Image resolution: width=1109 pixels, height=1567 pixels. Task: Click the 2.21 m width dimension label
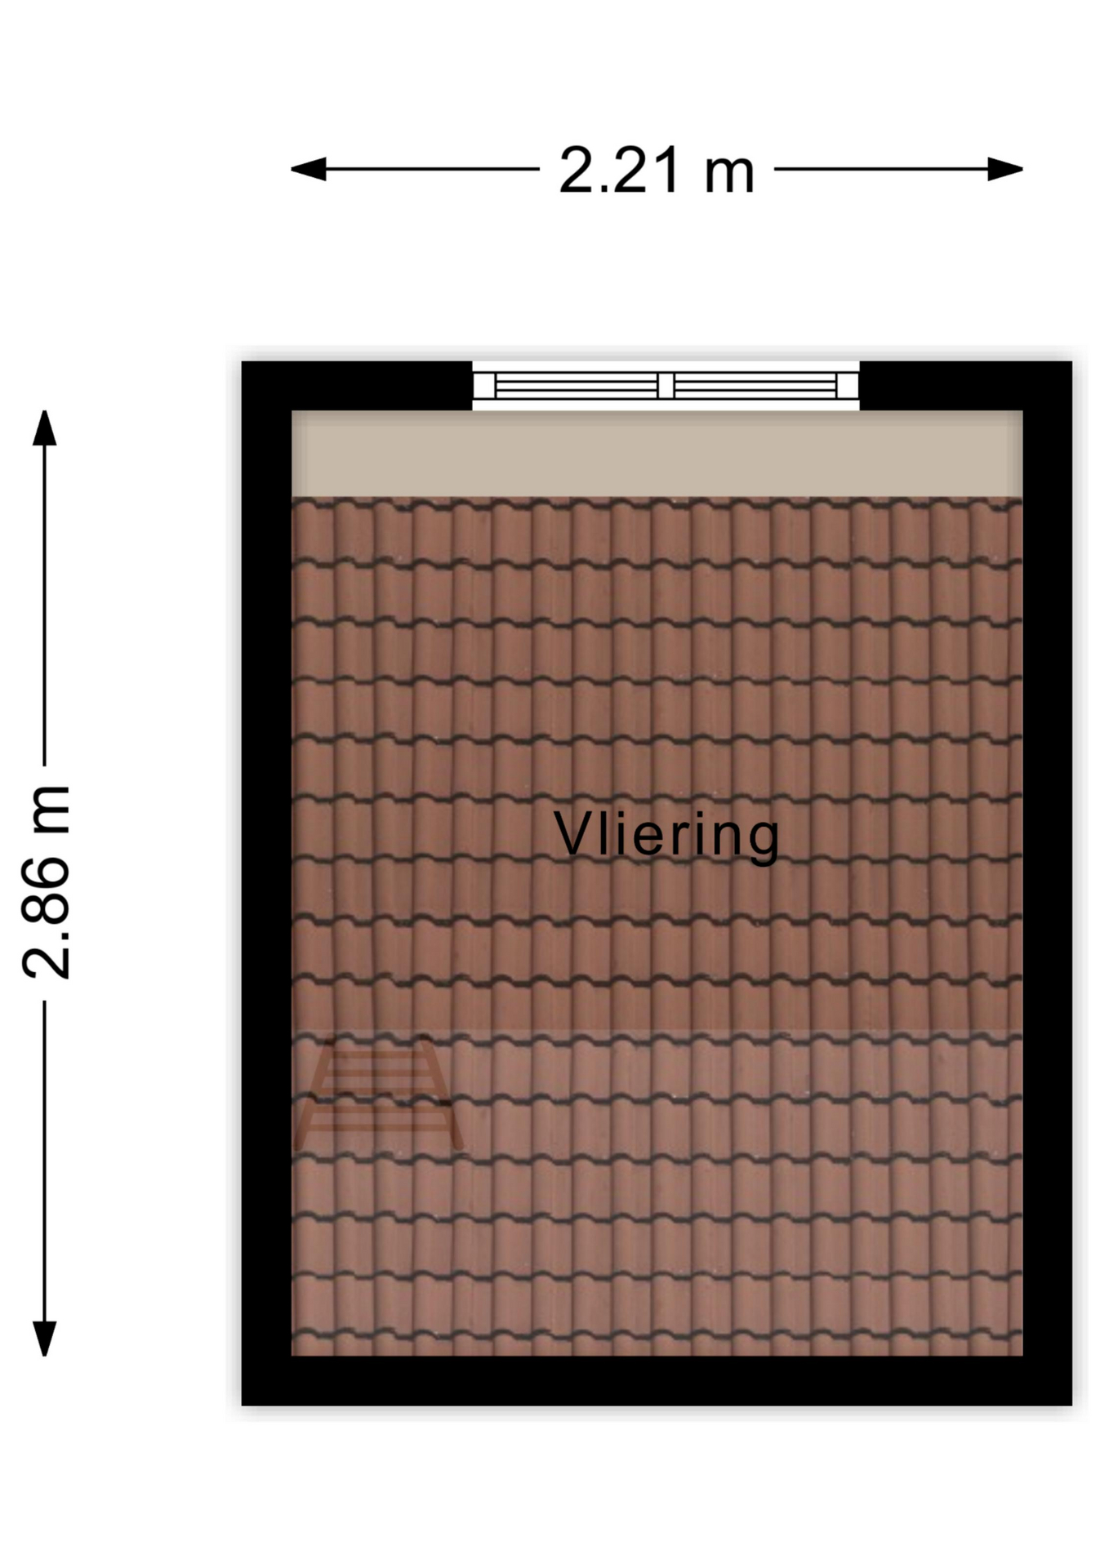pyautogui.click(x=657, y=171)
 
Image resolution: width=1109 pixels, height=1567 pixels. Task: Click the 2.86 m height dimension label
pyautogui.click(x=47, y=882)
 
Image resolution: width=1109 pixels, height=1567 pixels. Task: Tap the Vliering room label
pyautogui.click(x=667, y=835)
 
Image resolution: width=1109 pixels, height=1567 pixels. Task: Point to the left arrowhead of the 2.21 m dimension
pyautogui.click(x=308, y=170)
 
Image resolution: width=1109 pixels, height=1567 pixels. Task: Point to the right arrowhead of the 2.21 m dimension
pyautogui.click(x=1005, y=170)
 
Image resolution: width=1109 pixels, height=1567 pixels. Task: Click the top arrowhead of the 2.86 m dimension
pyautogui.click(x=44, y=428)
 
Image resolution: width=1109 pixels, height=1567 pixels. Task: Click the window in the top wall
pyautogui.click(x=666, y=385)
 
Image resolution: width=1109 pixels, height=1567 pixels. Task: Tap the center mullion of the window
pyautogui.click(x=666, y=385)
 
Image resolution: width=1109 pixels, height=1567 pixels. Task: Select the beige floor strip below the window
pyautogui.click(x=657, y=454)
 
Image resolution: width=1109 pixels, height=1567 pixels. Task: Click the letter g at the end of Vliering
pyautogui.click(x=764, y=841)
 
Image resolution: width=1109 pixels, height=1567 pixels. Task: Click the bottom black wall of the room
pyautogui.click(x=657, y=1381)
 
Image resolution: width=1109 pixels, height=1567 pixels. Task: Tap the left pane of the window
pyautogui.click(x=576, y=385)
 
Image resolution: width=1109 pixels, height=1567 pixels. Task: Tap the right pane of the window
pyautogui.click(x=755, y=385)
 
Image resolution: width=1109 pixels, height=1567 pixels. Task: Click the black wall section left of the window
pyautogui.click(x=357, y=386)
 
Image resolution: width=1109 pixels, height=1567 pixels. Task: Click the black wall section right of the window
pyautogui.click(x=966, y=386)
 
